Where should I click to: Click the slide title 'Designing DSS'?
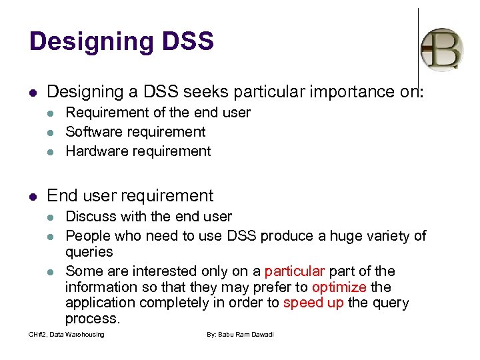tap(121, 41)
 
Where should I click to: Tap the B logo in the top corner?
tap(442, 49)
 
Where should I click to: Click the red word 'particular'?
tap(294, 271)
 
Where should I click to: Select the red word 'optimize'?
tap(339, 287)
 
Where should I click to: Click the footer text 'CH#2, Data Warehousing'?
tap(67, 334)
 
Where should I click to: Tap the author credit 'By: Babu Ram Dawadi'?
tap(240, 334)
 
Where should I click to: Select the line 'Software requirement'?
tap(135, 132)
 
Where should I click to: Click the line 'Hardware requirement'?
tap(138, 151)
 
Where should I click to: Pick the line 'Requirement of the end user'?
tap(158, 113)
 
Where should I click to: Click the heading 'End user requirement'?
tap(130, 195)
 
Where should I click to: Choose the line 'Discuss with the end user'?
tap(149, 217)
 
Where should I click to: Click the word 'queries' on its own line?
tap(89, 252)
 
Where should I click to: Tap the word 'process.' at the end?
tap(93, 319)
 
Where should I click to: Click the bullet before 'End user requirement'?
tap(33, 196)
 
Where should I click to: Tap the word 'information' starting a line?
tap(101, 287)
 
